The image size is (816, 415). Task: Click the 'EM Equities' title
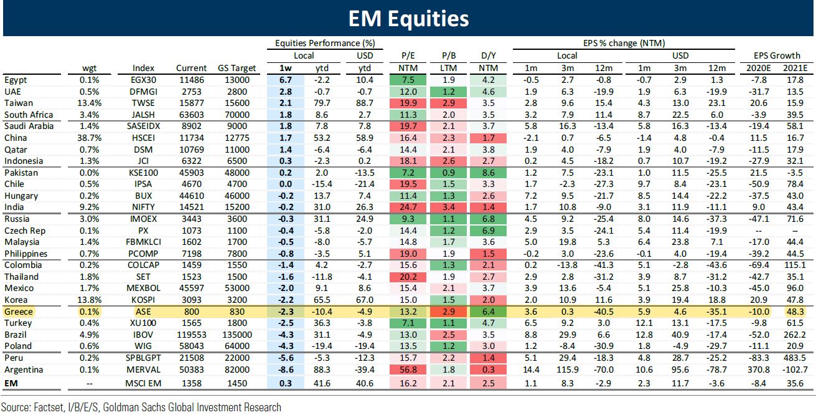(x=408, y=19)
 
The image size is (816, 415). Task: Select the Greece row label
(x=19, y=311)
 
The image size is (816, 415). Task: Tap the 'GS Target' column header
(x=233, y=68)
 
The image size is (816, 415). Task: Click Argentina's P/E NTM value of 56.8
(x=405, y=369)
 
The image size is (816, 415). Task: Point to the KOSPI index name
(x=143, y=300)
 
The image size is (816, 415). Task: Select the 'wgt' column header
(x=91, y=68)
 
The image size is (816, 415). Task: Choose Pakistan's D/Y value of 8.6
(x=490, y=173)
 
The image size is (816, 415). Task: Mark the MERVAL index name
(x=143, y=369)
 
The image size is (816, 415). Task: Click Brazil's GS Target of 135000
(x=233, y=335)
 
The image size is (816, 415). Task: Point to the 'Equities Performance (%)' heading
(x=326, y=43)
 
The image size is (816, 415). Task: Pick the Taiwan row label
(x=19, y=103)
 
